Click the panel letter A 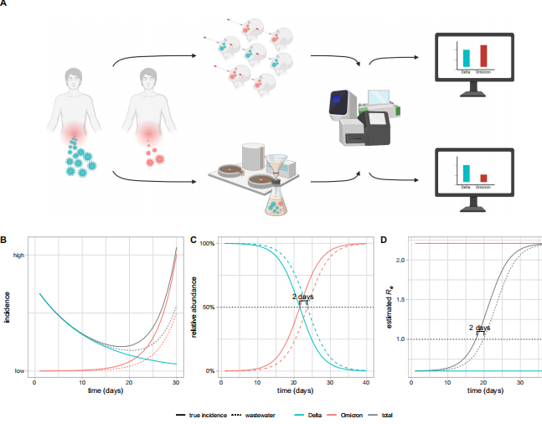(x=5, y=5)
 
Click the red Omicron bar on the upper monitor (x=484, y=56)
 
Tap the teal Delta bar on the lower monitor (x=466, y=173)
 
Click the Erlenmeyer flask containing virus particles (x=278, y=199)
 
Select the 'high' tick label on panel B (x=18, y=254)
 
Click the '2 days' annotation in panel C (x=303, y=297)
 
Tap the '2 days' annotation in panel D (x=480, y=327)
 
